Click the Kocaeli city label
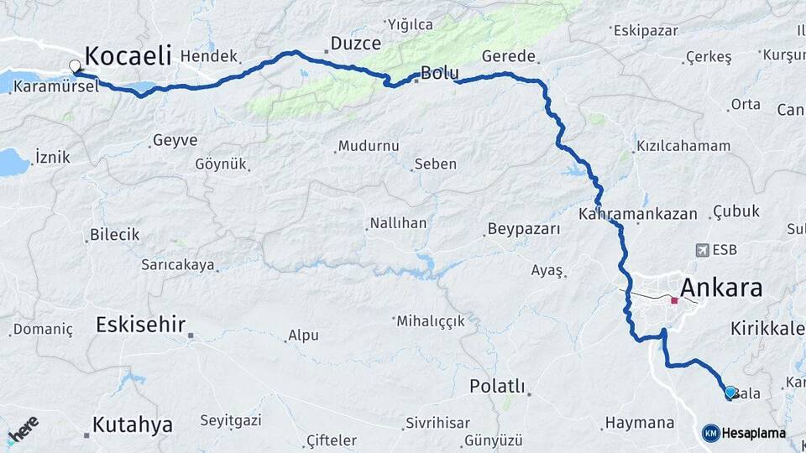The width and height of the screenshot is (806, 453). coord(128,56)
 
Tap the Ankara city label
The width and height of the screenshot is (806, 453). coord(721,288)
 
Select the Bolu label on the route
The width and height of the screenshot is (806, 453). coord(439,73)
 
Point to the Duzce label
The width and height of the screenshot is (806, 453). coord(355,43)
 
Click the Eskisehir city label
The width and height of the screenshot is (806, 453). coord(140,325)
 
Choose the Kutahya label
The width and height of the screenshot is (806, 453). coord(133,424)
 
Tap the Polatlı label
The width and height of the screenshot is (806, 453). coord(497,386)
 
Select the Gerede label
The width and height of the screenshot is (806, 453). coord(509,56)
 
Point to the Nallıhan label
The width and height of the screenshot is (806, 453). coord(398,223)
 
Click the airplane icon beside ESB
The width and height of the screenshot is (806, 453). coord(702,250)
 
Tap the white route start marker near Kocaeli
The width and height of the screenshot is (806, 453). coord(76,65)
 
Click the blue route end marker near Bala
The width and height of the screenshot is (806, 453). coord(730,392)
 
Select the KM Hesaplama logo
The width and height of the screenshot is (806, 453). coord(744,433)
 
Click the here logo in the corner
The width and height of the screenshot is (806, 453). coord(23,430)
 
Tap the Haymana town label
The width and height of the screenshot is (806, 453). coord(640,422)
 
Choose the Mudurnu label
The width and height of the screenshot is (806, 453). coord(369,146)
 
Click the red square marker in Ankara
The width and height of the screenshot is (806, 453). coord(674,299)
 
